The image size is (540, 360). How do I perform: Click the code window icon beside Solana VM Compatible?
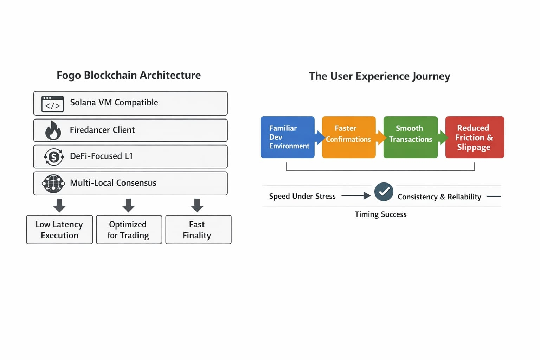tap(52, 104)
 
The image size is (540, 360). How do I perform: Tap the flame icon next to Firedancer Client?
tap(53, 130)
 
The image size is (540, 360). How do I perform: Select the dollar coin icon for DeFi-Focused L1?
tap(54, 157)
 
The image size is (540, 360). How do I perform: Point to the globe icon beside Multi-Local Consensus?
tap(53, 184)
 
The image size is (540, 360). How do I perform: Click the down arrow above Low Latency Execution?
tap(59, 205)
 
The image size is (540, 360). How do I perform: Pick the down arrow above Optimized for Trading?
tap(128, 205)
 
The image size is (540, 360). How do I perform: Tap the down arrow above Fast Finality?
tap(197, 205)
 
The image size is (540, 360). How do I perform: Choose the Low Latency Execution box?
tap(59, 230)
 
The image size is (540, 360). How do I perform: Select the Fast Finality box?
tap(198, 230)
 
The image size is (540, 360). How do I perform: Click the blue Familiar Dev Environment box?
tap(288, 137)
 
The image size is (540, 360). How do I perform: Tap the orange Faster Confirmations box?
tap(349, 137)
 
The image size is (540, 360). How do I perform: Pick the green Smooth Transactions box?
tap(411, 137)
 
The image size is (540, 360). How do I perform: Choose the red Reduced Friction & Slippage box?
tap(475, 137)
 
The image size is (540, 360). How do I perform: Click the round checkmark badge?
tap(384, 192)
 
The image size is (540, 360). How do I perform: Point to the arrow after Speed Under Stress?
tap(356, 195)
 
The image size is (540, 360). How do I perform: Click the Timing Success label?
tap(381, 214)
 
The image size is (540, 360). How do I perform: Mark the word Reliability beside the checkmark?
tap(464, 197)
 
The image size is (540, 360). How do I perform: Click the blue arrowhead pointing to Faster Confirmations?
tap(321, 138)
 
